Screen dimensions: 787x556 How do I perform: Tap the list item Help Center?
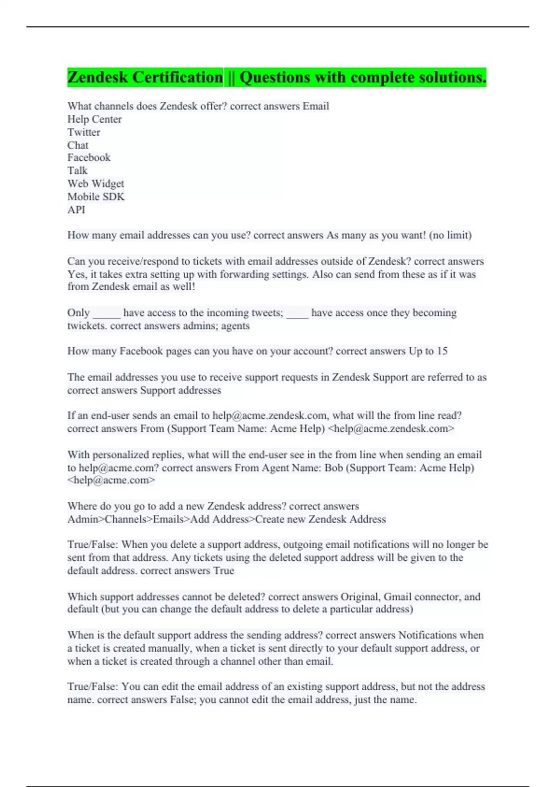[95, 119]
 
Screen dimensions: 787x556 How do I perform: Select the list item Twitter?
[84, 132]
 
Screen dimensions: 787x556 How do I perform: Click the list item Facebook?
[89, 157]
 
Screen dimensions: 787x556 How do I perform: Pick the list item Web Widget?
[96, 183]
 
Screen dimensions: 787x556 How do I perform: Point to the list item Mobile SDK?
[96, 196]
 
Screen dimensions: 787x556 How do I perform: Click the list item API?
[76, 209]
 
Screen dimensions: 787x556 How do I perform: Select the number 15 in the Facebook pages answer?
[442, 351]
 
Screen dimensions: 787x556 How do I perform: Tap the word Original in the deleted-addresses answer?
[360, 596]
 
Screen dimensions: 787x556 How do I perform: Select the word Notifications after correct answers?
[428, 635]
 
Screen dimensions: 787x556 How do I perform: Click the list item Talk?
[77, 170]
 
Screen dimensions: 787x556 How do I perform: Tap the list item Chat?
[78, 145]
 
